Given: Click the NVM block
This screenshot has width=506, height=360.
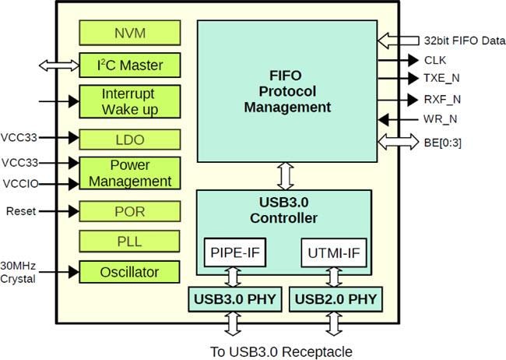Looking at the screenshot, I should click(x=130, y=33).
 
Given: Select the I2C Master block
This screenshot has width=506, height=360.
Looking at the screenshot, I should click(x=130, y=65).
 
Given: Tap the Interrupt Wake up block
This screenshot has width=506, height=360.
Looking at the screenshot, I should click(x=130, y=101).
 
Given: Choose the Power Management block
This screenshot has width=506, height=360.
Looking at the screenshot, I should click(x=130, y=173).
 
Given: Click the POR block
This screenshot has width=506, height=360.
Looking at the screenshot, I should click(x=130, y=211).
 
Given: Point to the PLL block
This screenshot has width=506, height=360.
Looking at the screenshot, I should click(x=130, y=242).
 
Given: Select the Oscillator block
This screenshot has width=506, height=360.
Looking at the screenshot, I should click(x=130, y=272).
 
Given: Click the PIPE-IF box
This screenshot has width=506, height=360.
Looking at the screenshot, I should click(x=235, y=252).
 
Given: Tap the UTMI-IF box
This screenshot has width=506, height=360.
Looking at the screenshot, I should click(x=333, y=252).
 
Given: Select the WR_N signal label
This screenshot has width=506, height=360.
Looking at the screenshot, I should click(x=441, y=119).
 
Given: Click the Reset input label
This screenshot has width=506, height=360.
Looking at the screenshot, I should click(x=21, y=211).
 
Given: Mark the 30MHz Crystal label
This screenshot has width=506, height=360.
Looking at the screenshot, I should click(x=18, y=272).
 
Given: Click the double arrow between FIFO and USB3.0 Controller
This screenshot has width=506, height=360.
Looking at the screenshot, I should click(x=285, y=176).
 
